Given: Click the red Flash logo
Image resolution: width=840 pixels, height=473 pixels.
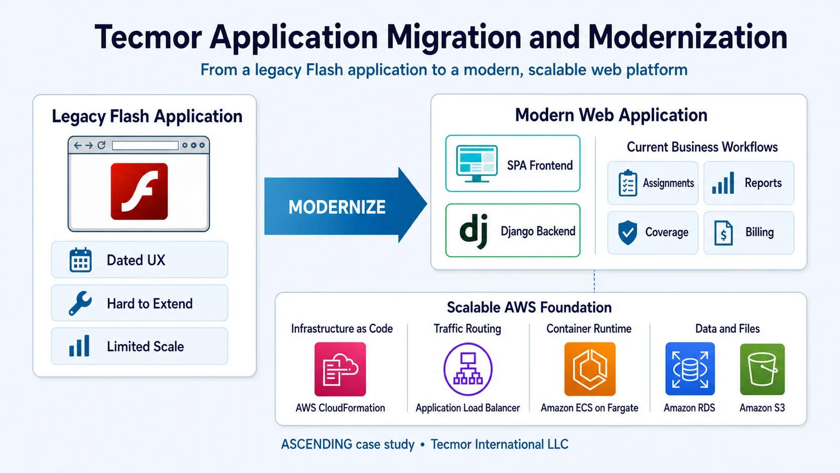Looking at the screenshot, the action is coord(139,192).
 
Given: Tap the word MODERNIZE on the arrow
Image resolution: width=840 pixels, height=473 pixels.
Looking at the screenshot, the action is coord(337,207).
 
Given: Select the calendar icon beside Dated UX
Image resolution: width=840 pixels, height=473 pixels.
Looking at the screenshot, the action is coord(80,259).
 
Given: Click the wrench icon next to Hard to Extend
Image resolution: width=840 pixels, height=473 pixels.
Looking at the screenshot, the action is coord(80,303).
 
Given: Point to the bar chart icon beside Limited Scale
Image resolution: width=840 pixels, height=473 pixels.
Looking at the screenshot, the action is coord(79,345).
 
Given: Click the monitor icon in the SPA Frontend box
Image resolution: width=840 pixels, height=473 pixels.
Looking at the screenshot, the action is coord(477,164).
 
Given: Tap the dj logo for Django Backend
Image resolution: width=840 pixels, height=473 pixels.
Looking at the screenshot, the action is coord(474,231).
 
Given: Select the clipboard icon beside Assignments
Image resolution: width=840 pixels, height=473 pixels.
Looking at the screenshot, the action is coord(628,183).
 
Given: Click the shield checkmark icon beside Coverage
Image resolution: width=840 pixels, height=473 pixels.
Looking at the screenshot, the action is coord(627,233).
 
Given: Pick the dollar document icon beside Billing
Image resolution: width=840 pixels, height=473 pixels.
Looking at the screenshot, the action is coord(723,233).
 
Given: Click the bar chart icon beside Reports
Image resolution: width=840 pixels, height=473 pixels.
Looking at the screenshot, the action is coord(723,183).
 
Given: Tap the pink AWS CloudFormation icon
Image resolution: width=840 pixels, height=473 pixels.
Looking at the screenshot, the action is coord(340,369).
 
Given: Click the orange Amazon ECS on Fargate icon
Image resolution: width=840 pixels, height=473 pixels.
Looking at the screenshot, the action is coord(590,369).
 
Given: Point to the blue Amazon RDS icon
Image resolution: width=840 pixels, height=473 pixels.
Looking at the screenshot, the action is coord(690,369).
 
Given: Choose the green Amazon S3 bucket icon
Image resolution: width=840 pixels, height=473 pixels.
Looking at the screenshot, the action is coord(762,369).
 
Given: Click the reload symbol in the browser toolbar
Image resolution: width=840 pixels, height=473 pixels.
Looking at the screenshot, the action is coord(101,145).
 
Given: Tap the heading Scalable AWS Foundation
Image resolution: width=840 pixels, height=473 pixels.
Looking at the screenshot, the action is coord(529,308).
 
